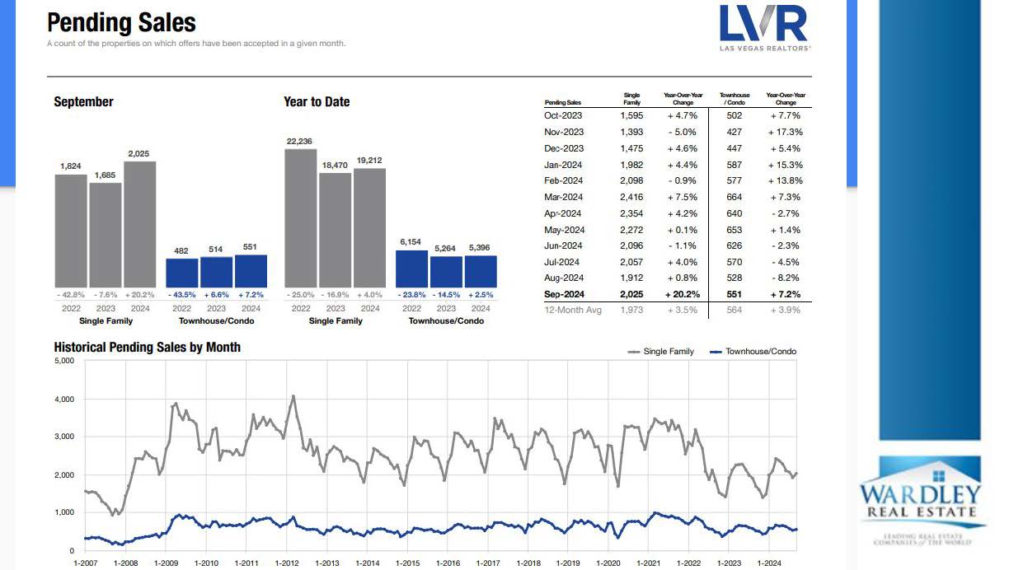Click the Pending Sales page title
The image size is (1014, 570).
122,22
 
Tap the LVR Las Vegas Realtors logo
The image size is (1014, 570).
764,27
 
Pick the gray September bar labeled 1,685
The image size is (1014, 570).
105,234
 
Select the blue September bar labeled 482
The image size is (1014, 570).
182,272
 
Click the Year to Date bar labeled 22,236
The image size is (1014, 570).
300,217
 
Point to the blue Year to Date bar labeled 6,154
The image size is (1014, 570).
411,268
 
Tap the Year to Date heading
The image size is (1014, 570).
316,102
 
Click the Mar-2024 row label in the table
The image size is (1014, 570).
564,197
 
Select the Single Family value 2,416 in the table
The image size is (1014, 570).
631,197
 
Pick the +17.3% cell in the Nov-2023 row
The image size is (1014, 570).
785,132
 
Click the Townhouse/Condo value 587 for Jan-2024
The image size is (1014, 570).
734,165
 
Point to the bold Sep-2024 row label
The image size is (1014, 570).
564,294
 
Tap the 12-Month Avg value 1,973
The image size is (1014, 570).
631,310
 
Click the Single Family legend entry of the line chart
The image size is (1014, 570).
661,352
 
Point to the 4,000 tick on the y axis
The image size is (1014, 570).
63,399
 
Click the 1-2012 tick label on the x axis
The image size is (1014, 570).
286,563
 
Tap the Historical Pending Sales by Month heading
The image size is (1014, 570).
148,347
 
